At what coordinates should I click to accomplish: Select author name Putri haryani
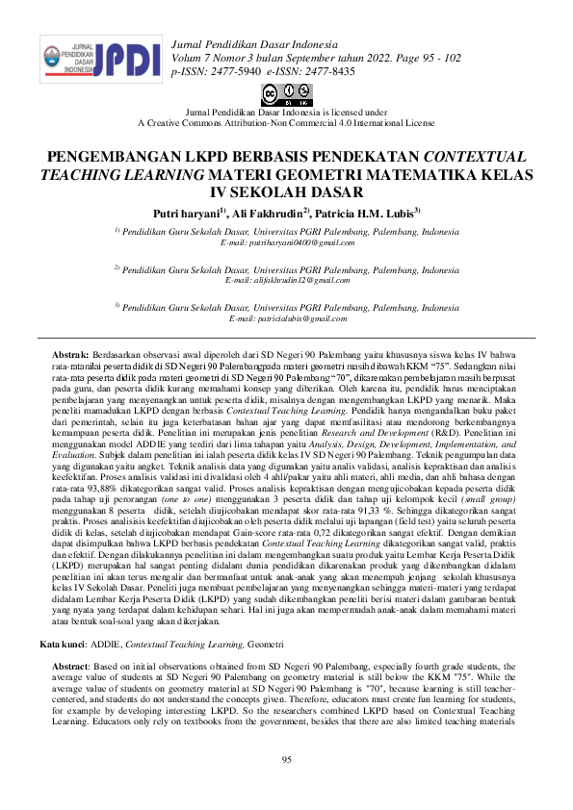pyautogui.click(x=186, y=212)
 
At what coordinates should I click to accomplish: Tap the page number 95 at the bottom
pyautogui.click(x=286, y=761)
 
